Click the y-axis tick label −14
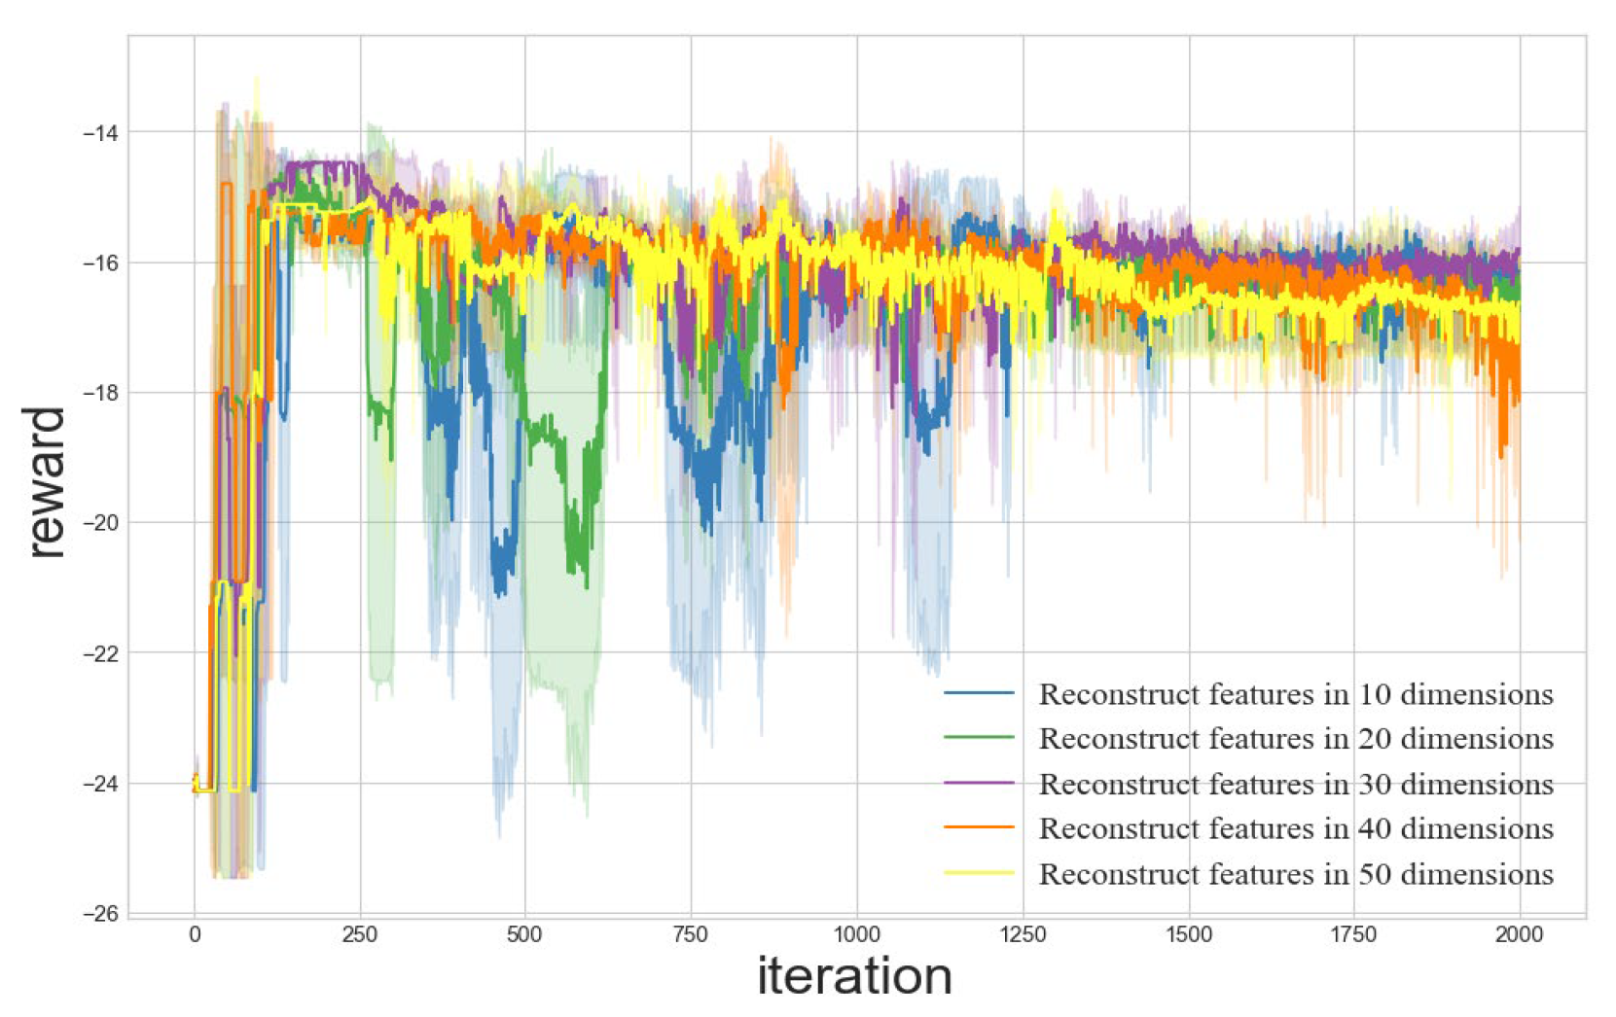100,133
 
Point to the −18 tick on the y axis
100,394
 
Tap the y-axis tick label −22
100,654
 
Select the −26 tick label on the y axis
100,914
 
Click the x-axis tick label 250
360,935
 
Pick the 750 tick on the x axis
691,935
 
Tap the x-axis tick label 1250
1023,935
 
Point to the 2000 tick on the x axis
1519,935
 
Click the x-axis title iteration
854,976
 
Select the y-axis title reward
45,482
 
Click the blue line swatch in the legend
979,693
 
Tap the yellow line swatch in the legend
979,873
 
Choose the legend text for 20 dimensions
1295,739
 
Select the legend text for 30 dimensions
1295,784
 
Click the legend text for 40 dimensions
1295,828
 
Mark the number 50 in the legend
1375,874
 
